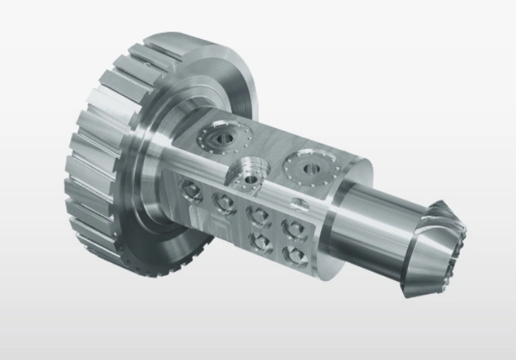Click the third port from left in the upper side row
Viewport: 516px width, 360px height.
[x=258, y=214]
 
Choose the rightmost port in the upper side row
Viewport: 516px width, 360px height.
[x=291, y=226]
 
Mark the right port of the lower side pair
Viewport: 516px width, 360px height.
[x=292, y=252]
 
